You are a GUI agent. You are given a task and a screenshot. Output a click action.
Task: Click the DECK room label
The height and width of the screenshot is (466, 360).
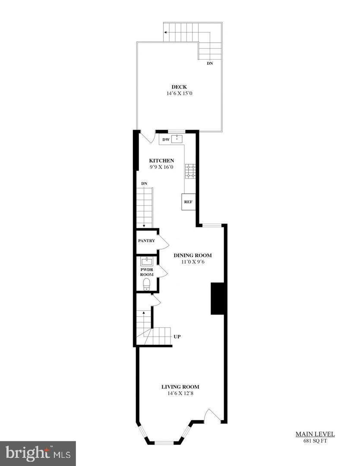[x=179, y=87]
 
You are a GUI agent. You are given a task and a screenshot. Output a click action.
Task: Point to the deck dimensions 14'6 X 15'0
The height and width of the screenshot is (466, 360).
[x=180, y=93]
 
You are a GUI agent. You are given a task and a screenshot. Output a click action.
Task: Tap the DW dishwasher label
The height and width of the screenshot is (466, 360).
[x=166, y=139]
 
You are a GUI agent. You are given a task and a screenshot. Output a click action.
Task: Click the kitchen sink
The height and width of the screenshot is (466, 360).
[x=177, y=139]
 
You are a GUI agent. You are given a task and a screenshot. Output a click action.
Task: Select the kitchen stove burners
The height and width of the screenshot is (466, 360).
[x=190, y=171]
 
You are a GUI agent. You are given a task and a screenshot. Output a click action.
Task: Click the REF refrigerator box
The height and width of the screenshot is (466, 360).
[x=189, y=202]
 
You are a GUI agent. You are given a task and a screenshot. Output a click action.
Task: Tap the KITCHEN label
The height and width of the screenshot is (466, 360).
[x=161, y=161]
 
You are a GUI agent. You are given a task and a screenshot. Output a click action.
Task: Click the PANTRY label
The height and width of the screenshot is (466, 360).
[x=146, y=241]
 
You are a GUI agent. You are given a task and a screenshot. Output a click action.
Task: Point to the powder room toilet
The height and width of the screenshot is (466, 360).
[x=147, y=284]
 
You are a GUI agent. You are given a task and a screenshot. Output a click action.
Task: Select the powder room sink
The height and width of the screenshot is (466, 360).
[x=147, y=261]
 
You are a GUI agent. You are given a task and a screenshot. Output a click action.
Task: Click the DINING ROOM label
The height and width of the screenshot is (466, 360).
[x=193, y=255]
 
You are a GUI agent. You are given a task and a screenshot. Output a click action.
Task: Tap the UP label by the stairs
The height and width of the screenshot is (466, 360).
[x=177, y=337]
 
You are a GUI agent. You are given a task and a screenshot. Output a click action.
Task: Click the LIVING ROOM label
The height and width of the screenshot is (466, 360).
[x=180, y=387]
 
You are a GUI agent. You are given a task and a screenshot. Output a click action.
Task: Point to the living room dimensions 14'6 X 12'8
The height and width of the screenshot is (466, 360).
[x=180, y=394]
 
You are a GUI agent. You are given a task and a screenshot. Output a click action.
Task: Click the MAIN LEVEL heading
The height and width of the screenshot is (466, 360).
[x=315, y=434]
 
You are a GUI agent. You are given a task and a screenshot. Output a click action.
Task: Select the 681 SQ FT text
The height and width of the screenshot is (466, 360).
[x=315, y=441]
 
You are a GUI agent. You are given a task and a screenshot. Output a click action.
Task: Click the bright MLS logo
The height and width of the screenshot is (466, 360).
[x=38, y=453]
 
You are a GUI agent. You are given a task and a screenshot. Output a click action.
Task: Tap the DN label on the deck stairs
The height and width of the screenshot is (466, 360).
[x=210, y=63]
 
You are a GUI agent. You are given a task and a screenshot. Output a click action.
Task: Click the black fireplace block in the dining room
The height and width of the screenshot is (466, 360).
[x=217, y=299]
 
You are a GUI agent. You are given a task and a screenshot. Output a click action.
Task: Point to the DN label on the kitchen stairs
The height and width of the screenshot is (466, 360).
[x=144, y=183]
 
